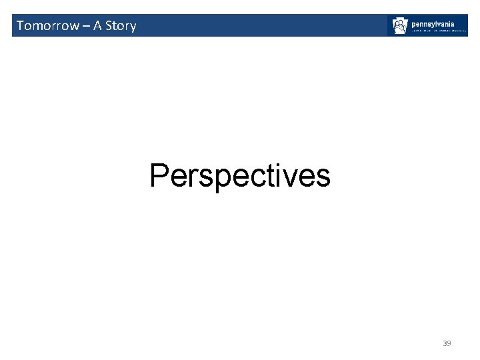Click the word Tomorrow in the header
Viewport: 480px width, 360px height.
coord(47,26)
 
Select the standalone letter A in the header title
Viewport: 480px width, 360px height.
coord(97,26)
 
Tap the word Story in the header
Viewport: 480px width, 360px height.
coord(121,26)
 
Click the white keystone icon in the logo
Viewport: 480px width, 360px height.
coord(400,26)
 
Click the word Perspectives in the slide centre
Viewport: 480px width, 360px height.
coord(240,176)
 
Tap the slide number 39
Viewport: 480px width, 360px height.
coord(447,343)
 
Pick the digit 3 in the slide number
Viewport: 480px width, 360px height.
coord(445,343)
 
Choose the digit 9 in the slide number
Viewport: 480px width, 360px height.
coord(449,343)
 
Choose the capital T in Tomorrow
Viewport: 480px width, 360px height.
coord(20,26)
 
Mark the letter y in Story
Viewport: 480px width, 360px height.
coord(132,27)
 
